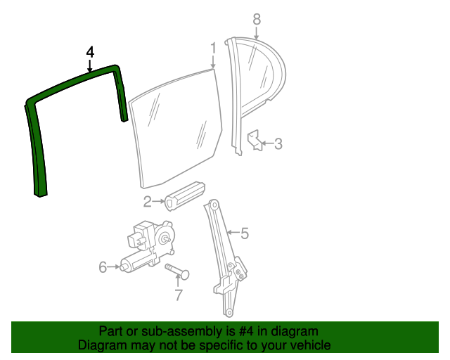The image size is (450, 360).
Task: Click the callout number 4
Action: click(90, 53)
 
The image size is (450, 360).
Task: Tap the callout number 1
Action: click(213, 49)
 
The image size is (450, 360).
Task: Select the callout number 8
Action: click(257, 19)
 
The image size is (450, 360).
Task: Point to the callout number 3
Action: click(278, 143)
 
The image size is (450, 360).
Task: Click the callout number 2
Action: click(147, 202)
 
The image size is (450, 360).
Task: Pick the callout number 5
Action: click(245, 233)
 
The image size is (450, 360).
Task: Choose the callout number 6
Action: click(103, 267)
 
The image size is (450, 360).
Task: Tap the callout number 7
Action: click(179, 295)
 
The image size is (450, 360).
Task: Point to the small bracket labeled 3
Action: click(255, 140)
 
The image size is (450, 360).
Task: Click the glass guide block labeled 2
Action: click(185, 195)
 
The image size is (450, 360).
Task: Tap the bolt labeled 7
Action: click(177, 271)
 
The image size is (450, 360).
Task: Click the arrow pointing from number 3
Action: click(267, 143)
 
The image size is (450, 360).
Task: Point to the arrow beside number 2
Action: click(159, 202)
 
